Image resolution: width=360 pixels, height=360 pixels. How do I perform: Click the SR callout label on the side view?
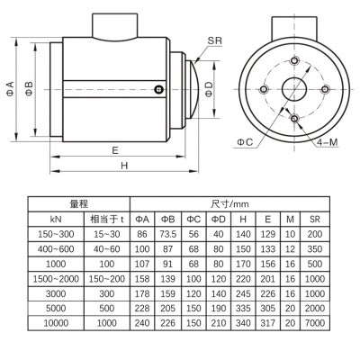coord(215,40)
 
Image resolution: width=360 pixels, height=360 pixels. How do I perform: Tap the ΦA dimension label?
coord(10,88)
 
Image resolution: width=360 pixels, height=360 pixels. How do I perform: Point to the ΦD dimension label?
coord(209,89)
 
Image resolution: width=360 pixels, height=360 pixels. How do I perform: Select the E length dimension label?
coord(115,150)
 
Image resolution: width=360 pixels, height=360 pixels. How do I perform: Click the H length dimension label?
coord(124,166)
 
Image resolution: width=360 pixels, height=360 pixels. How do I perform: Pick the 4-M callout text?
coord(327,142)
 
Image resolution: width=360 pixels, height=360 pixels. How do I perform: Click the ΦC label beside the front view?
coord(245,142)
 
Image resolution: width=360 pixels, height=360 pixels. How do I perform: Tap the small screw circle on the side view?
coord(158,89)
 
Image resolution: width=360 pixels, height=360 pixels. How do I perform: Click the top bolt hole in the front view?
coord(295,60)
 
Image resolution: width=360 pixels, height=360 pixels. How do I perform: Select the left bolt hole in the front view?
coord(264,89)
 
